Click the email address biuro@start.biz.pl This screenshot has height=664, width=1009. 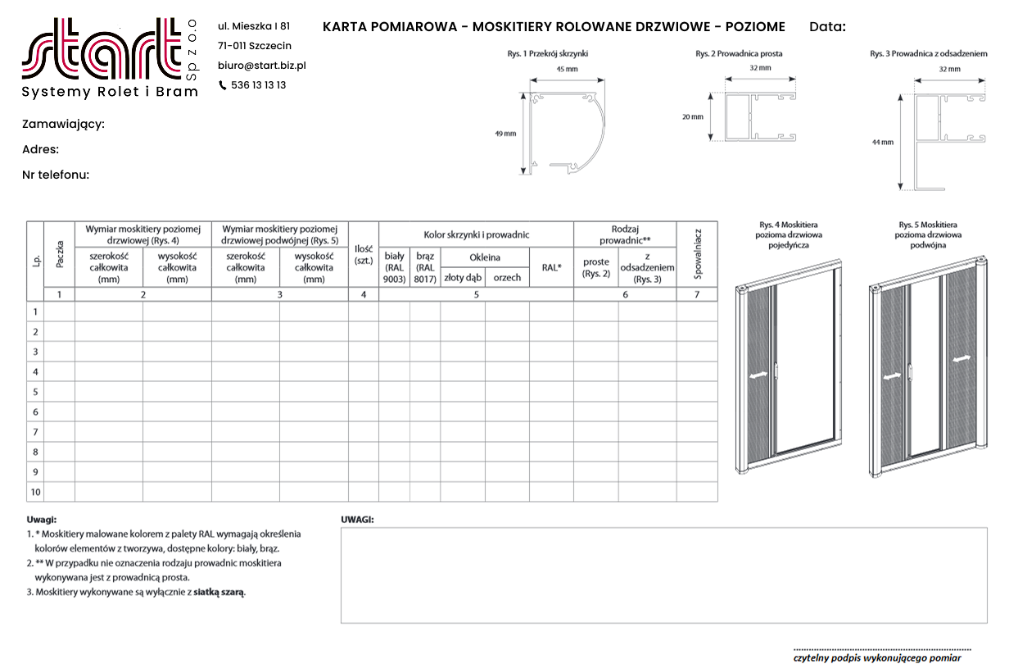(x=262, y=66)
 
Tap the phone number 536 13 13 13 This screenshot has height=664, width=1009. (x=259, y=85)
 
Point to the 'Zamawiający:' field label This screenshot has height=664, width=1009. (x=63, y=125)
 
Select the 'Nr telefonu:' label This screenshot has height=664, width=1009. (x=56, y=175)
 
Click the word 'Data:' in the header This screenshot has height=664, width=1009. (x=827, y=27)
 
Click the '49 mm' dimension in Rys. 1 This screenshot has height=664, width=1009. (x=505, y=134)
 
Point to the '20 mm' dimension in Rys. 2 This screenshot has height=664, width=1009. (x=692, y=116)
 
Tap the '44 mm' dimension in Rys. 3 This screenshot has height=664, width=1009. (x=882, y=143)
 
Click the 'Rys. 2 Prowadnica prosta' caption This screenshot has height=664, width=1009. (x=739, y=54)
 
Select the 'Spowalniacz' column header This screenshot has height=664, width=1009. (x=698, y=253)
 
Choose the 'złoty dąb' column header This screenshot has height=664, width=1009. (x=463, y=278)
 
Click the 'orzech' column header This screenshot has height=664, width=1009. (x=507, y=278)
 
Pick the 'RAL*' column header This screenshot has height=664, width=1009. (x=551, y=267)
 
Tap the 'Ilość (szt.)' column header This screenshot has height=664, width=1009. (x=364, y=254)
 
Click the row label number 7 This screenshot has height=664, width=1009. (x=35, y=432)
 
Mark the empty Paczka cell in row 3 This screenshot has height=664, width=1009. (x=60, y=352)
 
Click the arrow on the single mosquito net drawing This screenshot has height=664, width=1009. (x=760, y=374)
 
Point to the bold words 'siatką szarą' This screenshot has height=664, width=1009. (x=219, y=591)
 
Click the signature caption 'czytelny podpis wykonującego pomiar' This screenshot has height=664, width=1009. (x=877, y=657)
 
